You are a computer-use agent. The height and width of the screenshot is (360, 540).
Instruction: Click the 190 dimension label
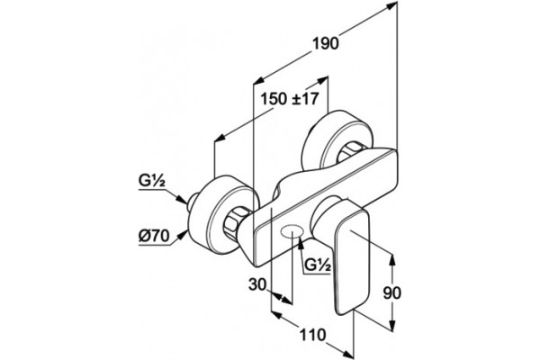[x=326, y=44]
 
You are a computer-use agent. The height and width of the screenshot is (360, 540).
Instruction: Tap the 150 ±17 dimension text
[x=289, y=99]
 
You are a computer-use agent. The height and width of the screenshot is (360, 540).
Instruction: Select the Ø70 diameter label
[x=154, y=236]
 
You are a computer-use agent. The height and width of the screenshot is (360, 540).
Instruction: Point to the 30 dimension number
[x=257, y=285]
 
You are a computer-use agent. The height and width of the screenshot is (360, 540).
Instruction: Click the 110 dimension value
[x=312, y=335]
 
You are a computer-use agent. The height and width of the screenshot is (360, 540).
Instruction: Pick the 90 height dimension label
[x=392, y=292]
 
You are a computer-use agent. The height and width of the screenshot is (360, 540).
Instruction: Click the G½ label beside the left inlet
[x=152, y=181]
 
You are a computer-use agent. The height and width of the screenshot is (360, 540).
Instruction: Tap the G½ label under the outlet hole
[x=318, y=265]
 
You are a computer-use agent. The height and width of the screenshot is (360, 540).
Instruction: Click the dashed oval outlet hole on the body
[x=292, y=231]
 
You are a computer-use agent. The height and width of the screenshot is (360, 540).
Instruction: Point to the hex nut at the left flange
[x=235, y=222]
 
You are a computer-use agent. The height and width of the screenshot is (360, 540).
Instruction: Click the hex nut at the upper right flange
[x=350, y=150]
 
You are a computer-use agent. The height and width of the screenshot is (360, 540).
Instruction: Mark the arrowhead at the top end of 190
[x=391, y=4]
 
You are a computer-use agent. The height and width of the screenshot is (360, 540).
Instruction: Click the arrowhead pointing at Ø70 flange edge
[x=183, y=235]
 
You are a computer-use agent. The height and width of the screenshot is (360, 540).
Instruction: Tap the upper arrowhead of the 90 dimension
[x=391, y=260]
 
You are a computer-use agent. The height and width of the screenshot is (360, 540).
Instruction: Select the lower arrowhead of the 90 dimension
[x=391, y=326]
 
